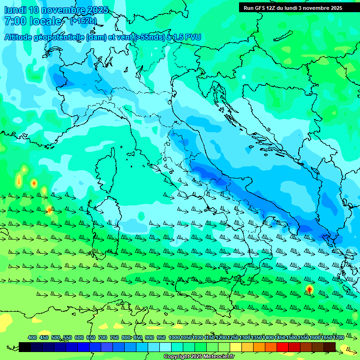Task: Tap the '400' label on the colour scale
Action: point(32,337)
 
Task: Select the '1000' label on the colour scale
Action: point(174,337)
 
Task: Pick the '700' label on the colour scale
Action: point(102,337)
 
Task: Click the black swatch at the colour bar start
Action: point(25,347)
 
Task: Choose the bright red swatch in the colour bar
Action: point(283,347)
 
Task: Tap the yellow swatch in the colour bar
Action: point(236,347)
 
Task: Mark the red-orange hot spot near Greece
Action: point(309,289)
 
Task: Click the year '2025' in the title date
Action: point(97,10)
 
